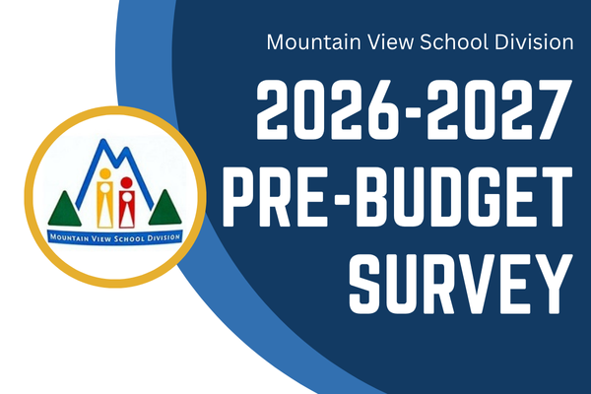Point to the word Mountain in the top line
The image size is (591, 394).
click(309, 43)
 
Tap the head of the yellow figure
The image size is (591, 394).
click(105, 174)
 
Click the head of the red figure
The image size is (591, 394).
click(125, 183)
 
